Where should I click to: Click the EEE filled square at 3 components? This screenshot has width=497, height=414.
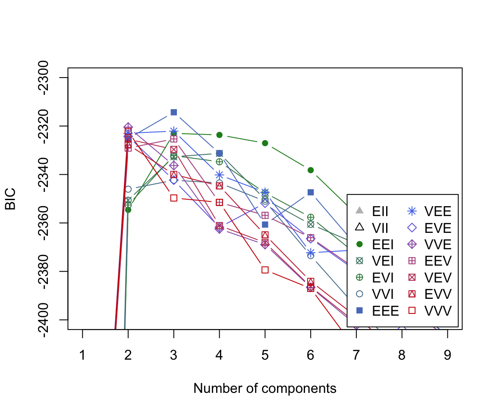tap(174, 112)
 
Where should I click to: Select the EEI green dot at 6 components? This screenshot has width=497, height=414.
tap(311, 170)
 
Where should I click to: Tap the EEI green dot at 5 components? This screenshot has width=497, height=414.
tap(265, 143)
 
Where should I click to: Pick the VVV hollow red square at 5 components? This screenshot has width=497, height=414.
tap(265, 270)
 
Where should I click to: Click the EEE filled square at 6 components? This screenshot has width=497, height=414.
tap(311, 192)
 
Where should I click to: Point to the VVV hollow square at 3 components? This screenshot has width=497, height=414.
tap(174, 198)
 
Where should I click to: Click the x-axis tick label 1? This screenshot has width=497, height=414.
tap(82, 355)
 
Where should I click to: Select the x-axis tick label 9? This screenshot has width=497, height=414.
tap(447, 355)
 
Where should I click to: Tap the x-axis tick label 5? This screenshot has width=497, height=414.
tap(265, 355)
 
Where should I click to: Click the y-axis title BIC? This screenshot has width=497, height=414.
tap(10, 199)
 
